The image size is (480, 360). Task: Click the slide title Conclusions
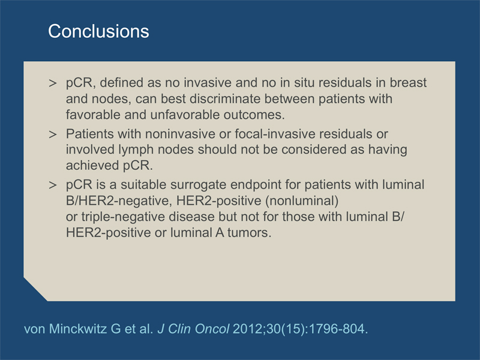[98, 31]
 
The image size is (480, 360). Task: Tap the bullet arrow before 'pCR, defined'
[53, 83]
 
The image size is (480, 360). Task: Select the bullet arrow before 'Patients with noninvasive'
[53, 134]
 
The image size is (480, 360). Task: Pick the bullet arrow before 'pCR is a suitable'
[53, 185]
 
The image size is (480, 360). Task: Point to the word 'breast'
[408, 83]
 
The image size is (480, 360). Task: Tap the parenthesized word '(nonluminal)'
[302, 201]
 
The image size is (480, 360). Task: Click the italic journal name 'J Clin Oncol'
[193, 329]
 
